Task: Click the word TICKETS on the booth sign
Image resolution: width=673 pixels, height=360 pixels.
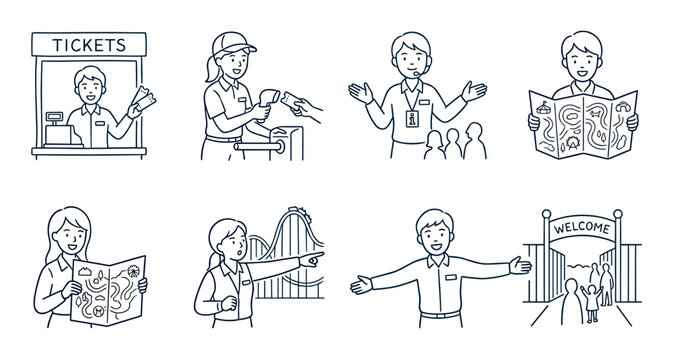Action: coord(89,45)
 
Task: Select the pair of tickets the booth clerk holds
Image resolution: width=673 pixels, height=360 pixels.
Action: coord(144,98)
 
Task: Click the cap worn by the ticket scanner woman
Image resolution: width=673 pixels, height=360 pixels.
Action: coord(232,43)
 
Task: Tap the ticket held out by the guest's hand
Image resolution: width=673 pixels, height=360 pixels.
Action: coord(292,101)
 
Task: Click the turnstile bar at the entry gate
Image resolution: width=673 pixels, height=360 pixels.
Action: coord(259,147)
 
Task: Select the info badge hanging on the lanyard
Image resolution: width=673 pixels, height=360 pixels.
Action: coord(412,118)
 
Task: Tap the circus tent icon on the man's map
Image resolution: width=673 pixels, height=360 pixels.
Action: coord(543,107)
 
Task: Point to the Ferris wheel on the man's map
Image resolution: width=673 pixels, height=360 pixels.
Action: coord(573,142)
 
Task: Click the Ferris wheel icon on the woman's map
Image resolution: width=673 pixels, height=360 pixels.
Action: coord(133,271)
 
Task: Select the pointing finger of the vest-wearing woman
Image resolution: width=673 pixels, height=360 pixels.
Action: coord(316,255)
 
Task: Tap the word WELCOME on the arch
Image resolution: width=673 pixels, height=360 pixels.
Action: coord(582,227)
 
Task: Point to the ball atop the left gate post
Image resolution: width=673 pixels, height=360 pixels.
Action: coord(546,214)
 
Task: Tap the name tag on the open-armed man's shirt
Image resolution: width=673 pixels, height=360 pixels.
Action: coord(451,277)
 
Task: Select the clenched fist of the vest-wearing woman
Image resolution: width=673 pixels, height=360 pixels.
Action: coord(229,303)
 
